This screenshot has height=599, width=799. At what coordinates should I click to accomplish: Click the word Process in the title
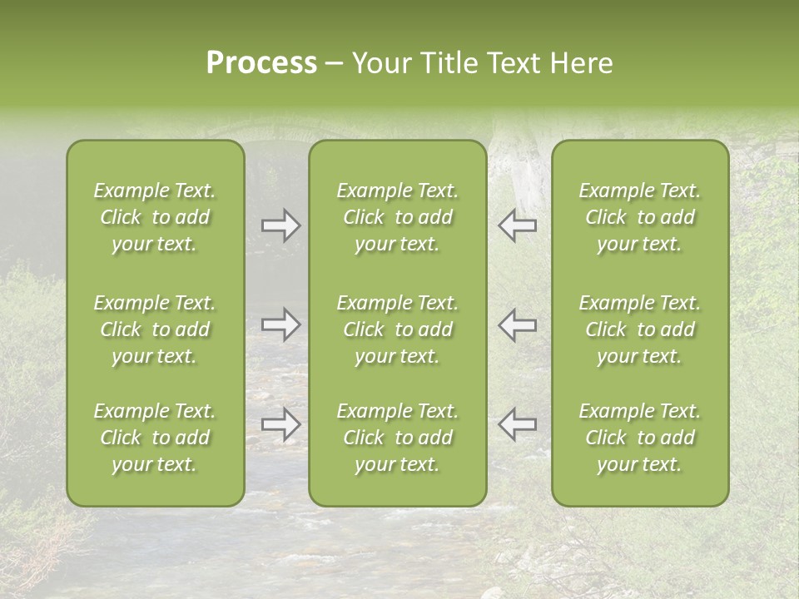tap(261, 63)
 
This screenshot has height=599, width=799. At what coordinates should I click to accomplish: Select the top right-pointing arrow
tap(280, 225)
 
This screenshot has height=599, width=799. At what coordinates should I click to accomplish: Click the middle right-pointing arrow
tap(280, 324)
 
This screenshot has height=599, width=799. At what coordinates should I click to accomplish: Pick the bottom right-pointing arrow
tap(280, 424)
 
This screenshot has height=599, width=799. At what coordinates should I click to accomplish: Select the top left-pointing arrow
tap(518, 225)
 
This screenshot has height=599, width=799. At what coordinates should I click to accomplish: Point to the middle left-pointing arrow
tap(518, 324)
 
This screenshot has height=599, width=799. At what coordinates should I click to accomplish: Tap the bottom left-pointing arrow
tap(518, 424)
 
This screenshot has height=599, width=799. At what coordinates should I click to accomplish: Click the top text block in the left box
tap(155, 217)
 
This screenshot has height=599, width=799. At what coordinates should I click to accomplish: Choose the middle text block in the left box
tap(155, 329)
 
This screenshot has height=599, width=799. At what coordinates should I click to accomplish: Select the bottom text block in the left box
tap(155, 438)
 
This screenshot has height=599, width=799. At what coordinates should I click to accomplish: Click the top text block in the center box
tap(398, 217)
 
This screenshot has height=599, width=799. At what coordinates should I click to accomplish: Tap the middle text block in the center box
tap(398, 329)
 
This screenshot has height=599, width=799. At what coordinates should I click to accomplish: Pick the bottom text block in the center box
tap(398, 438)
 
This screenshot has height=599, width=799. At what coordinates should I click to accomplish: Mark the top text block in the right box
tap(640, 217)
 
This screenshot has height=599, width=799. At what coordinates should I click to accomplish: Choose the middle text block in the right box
tap(640, 329)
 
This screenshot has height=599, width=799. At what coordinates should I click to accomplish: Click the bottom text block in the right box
tap(640, 438)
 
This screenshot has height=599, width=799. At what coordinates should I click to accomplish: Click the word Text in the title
tap(512, 63)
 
